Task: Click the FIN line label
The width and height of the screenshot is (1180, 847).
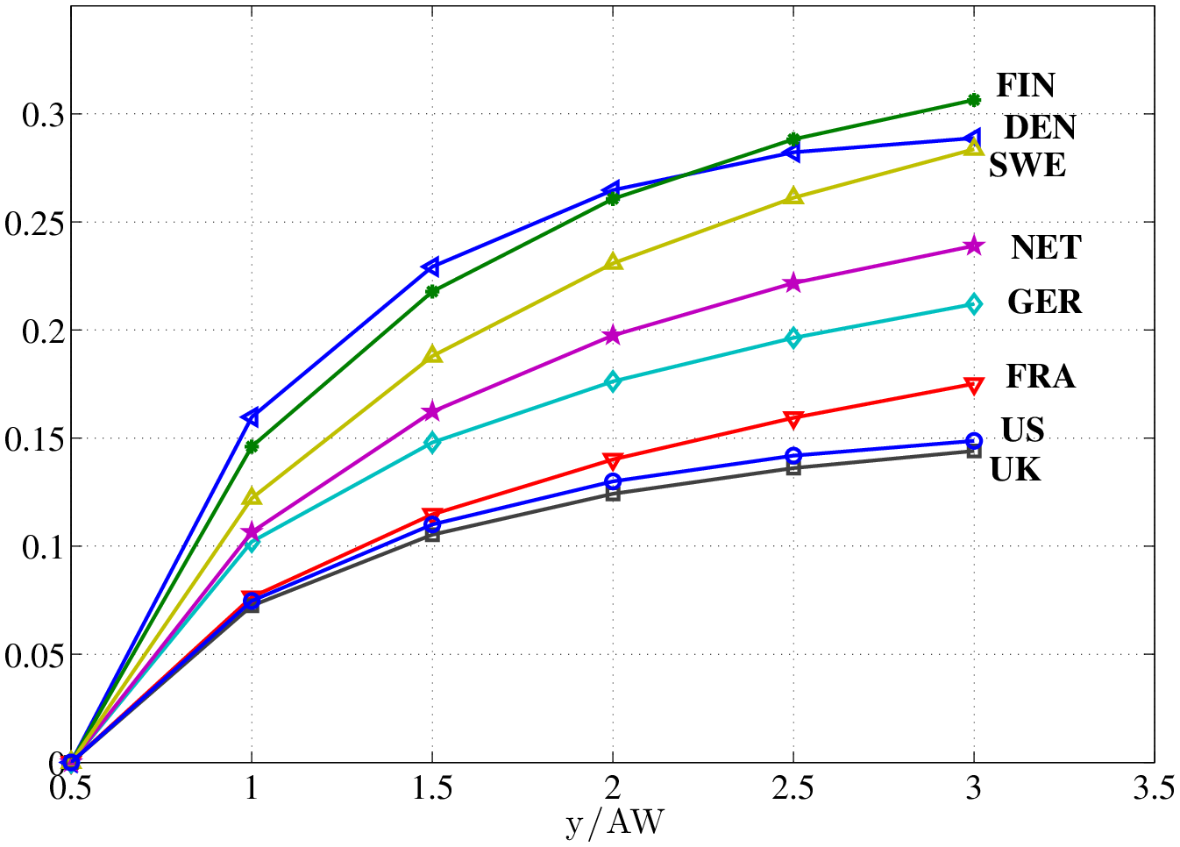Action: (1025, 86)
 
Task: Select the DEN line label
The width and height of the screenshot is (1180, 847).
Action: (1039, 128)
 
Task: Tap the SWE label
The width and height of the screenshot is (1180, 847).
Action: (1027, 166)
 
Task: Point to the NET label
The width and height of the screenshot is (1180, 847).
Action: (1045, 248)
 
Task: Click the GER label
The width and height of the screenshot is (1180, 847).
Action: (1043, 302)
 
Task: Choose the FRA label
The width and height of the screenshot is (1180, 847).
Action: (1040, 377)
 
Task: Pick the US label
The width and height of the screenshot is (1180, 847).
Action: (1022, 431)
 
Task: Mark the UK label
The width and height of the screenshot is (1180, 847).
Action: (1015, 471)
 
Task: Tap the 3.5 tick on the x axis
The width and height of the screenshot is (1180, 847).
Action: (1153, 789)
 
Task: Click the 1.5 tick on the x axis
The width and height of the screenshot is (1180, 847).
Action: (431, 789)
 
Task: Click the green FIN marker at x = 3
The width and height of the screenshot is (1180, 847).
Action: (973, 100)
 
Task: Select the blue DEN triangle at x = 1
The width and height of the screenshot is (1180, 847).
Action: (251, 416)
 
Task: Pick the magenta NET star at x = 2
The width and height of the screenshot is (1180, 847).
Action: (613, 336)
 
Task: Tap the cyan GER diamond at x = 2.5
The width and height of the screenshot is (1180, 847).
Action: (793, 338)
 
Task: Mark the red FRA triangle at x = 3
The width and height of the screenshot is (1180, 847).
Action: (973, 385)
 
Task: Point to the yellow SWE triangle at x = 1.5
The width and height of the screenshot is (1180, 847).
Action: (432, 355)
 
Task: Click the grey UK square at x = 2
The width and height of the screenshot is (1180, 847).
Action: (613, 494)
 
